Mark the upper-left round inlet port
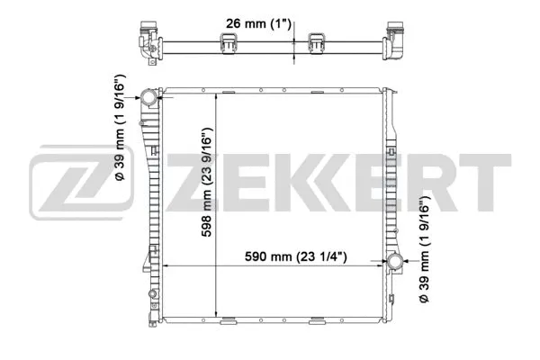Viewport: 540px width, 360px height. [148, 97]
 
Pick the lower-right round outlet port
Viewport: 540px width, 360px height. [394, 263]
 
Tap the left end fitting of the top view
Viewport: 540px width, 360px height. [146, 40]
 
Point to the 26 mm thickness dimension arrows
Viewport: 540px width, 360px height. [296, 45]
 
